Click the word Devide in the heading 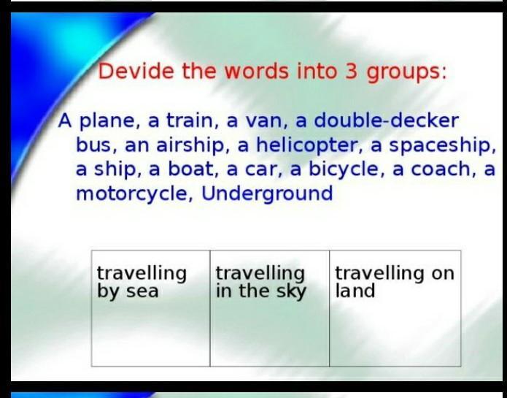click(x=136, y=71)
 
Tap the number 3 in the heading click(x=352, y=71)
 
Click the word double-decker click(x=386, y=120)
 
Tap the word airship click(x=190, y=146)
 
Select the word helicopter click(x=307, y=145)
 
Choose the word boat click(x=190, y=169)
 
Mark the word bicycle click(x=344, y=170)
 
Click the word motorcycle click(x=131, y=194)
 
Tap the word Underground click(x=267, y=194)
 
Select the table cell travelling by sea click(x=151, y=308)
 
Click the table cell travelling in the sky click(x=270, y=308)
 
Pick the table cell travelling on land click(x=395, y=308)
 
